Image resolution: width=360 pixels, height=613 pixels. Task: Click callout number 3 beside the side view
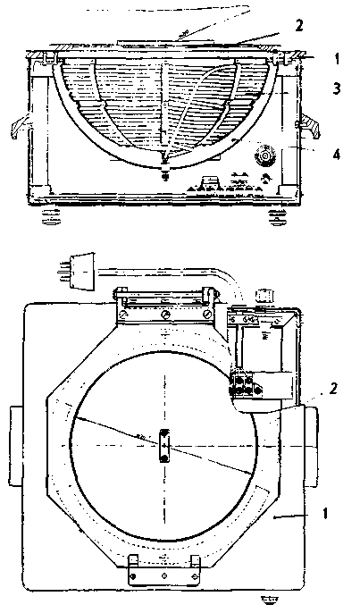337,88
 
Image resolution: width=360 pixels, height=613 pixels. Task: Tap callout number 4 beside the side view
337,155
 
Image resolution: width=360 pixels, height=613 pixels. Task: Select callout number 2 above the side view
299,26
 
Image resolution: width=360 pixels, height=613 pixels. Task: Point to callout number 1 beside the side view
337,59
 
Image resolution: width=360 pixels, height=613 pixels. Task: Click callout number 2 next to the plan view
332,390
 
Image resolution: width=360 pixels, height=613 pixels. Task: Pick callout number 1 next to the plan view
325,513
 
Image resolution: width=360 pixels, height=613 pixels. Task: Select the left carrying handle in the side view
20,126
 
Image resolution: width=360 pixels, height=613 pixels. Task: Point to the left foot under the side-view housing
52,217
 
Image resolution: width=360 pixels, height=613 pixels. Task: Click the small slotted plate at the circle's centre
164,445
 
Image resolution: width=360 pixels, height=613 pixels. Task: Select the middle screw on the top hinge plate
166,314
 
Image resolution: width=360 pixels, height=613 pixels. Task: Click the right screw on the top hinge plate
207,314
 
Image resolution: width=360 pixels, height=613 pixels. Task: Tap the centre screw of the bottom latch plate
164,575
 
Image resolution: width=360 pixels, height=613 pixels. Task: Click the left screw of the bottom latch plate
134,576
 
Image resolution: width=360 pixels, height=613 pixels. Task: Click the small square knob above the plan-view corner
263,294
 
